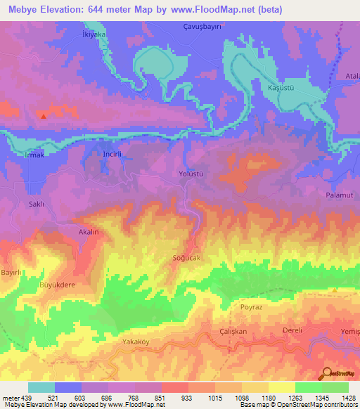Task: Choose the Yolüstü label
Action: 191,173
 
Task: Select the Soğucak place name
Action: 187,258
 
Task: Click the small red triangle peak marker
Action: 44,116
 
